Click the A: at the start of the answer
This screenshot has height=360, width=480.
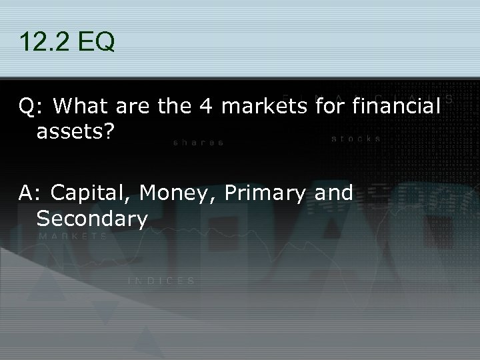click(31, 193)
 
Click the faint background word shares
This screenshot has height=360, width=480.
click(198, 142)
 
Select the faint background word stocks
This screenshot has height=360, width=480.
click(356, 139)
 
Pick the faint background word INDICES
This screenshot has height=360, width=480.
click(161, 281)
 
